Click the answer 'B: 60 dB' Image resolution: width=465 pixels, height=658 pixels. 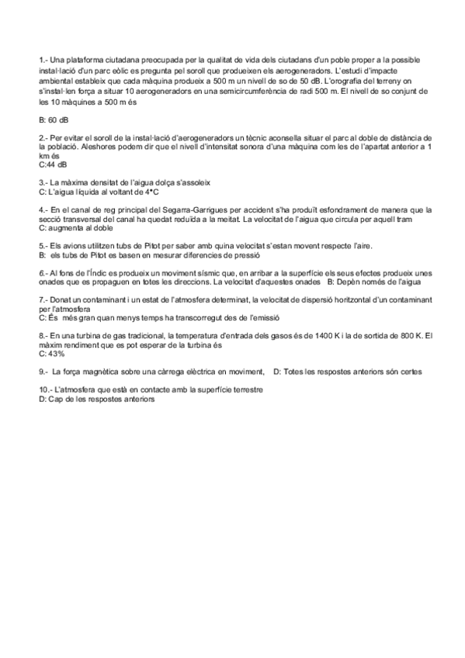pyautogui.click(x=53, y=120)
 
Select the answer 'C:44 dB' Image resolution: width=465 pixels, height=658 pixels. pyautogui.click(x=53, y=164)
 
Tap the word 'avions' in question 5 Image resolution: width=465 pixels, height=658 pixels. pyautogui.click(x=75, y=246)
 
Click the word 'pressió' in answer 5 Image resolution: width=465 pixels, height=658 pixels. pyautogui.click(x=246, y=255)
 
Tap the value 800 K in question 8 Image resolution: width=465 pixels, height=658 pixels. pyautogui.click(x=399, y=334)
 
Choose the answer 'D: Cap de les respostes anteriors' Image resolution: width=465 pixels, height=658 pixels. pyautogui.click(x=97, y=399)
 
